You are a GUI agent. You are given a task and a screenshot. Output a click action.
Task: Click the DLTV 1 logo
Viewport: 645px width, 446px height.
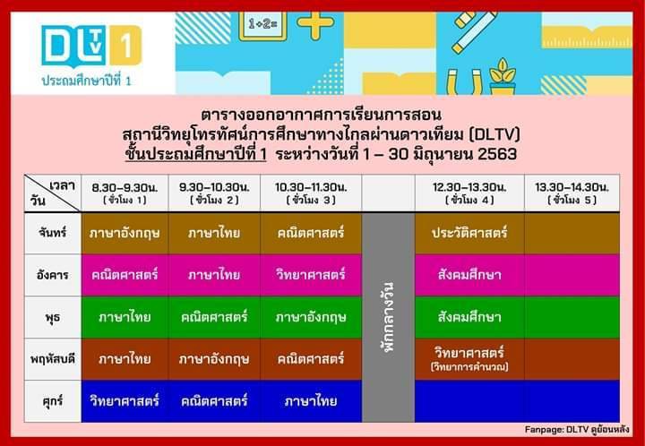[x=91, y=46]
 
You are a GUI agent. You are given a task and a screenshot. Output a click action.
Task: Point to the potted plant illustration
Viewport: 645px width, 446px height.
[x=503, y=76]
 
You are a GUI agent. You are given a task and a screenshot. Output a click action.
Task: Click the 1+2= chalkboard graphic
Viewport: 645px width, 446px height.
[x=262, y=26]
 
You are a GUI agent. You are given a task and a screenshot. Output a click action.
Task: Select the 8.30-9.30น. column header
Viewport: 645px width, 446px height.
[x=125, y=193]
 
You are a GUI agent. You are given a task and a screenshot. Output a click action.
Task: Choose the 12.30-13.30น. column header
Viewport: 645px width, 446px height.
[x=469, y=193]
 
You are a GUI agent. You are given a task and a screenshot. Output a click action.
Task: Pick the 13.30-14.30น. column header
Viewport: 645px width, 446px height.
[x=572, y=193]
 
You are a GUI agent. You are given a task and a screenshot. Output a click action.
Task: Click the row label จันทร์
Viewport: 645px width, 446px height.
[x=53, y=233]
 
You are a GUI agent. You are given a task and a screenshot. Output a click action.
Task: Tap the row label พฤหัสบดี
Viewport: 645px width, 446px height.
[x=53, y=359]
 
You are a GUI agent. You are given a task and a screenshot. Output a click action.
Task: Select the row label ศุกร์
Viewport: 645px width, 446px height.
[x=53, y=401]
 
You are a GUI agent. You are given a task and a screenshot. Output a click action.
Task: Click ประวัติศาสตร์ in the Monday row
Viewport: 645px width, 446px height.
[x=469, y=233]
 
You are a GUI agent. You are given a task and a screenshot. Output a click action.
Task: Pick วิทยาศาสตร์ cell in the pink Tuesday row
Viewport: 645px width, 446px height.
[x=311, y=275]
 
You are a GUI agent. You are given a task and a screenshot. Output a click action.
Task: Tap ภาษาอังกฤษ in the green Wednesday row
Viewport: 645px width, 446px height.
[x=311, y=317]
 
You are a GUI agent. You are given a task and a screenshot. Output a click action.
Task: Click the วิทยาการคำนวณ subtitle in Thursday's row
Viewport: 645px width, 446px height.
[x=469, y=366]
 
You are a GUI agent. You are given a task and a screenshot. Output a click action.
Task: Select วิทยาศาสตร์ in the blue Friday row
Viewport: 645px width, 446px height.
[x=125, y=401]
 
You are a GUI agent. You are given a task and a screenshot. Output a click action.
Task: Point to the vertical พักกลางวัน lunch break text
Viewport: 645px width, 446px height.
[x=388, y=317]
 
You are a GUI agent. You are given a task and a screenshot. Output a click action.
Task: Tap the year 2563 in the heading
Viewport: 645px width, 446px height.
[x=497, y=154]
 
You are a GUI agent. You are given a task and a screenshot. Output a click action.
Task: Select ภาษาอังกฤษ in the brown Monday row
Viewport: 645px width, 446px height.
[x=125, y=233]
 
